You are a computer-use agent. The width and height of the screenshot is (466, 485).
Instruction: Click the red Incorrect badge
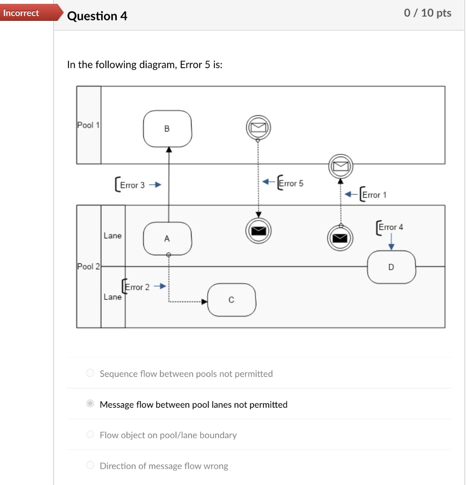[22, 13]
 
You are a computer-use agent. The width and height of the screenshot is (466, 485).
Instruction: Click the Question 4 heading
[97, 16]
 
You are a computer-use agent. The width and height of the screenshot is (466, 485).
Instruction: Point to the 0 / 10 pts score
[427, 13]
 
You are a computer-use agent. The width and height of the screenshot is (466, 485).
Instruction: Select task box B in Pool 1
[167, 128]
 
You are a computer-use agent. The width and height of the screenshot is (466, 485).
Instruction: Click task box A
[167, 239]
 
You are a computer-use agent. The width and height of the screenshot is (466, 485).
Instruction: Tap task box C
[231, 300]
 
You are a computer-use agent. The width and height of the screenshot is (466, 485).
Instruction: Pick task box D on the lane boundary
[391, 267]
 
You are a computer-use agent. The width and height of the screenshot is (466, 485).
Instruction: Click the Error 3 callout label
[132, 185]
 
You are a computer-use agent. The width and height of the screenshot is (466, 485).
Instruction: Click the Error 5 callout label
[290, 183]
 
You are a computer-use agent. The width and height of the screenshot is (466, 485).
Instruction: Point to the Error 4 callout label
[390, 227]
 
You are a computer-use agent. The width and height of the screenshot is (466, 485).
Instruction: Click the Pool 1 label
[88, 125]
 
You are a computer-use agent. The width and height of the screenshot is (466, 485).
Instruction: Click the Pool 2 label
[88, 266]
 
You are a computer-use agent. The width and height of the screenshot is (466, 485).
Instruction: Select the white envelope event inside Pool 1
[258, 127]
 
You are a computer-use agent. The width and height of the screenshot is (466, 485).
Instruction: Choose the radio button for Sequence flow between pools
[90, 374]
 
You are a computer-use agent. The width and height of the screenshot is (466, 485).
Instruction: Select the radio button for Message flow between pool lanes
[90, 404]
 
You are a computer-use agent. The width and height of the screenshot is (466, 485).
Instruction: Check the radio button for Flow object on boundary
[90, 435]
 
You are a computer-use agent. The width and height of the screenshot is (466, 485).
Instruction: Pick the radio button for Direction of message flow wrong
[90, 466]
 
